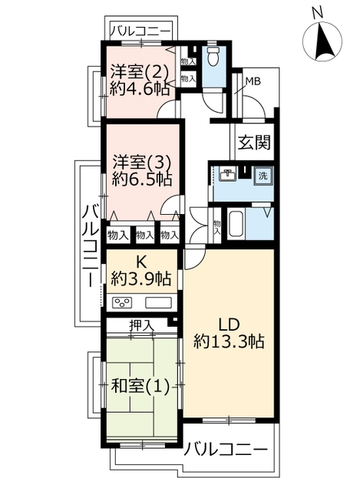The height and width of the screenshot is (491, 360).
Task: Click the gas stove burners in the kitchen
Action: tap(122, 303)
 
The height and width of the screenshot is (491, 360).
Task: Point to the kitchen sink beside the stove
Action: tap(159, 303)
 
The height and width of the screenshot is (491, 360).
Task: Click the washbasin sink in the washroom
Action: tap(228, 175)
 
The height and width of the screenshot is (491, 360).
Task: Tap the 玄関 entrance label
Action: tap(254, 143)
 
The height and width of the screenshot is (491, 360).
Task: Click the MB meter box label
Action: tap(253, 82)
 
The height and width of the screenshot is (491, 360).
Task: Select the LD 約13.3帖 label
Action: tap(229, 333)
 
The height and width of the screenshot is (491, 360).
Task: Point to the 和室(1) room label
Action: tap(140, 386)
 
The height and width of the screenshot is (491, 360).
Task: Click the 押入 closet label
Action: tap(141, 325)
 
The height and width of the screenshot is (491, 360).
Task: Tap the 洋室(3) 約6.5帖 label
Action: tap(142, 171)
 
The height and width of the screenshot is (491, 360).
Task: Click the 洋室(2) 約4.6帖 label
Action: tap(140, 81)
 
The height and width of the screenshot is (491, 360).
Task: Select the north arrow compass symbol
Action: tap(322, 42)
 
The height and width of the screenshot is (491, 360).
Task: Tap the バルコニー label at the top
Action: tap(140, 31)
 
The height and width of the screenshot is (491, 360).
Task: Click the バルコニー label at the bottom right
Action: tap(225, 450)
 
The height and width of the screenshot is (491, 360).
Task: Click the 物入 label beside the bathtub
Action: tap(216, 227)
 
